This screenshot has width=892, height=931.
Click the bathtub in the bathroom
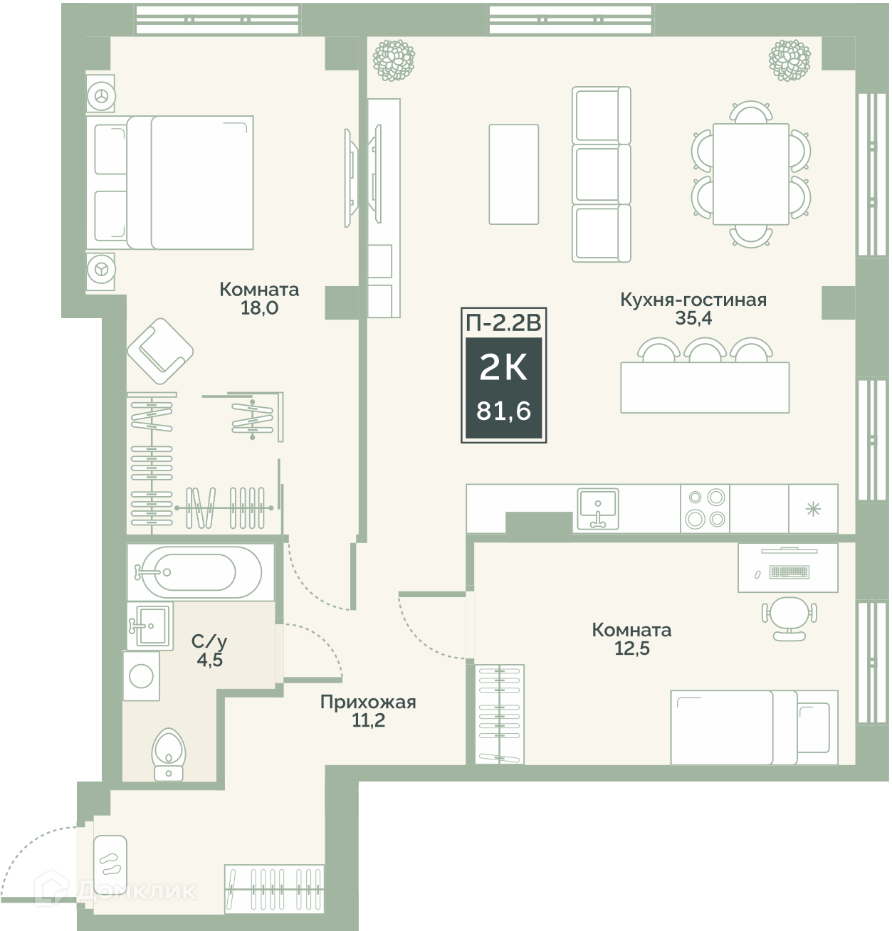click(201, 572)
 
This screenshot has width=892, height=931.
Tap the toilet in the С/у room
click(168, 754)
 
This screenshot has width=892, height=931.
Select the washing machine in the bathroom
click(141, 676)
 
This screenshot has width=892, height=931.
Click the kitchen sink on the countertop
click(598, 508)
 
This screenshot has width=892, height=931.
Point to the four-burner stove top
click(705, 508)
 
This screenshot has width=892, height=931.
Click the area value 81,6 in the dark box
click(503, 411)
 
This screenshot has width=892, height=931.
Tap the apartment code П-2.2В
click(503, 323)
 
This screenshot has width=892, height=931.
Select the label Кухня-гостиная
click(693, 300)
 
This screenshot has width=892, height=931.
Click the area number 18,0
click(259, 308)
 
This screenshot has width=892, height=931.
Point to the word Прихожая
click(368, 702)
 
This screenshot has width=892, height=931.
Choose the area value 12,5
click(631, 648)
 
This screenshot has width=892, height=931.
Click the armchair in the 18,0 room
click(160, 351)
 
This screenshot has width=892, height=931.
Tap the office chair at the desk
click(789, 618)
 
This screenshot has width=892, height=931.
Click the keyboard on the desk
click(789, 572)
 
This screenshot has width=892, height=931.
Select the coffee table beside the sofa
click(513, 174)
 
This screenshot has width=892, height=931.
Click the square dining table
click(751, 174)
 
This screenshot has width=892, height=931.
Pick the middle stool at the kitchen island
click(705, 350)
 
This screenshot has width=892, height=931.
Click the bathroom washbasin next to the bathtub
click(150, 625)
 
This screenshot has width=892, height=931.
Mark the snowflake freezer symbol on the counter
click(813, 508)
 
